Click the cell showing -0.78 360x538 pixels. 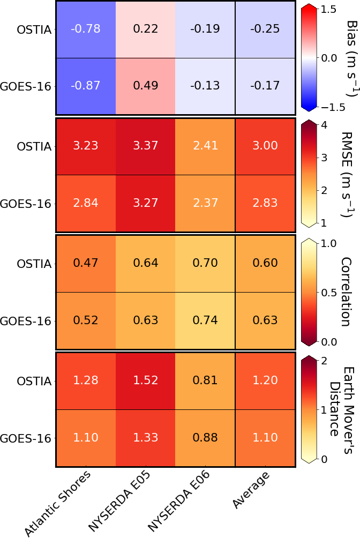[86, 29]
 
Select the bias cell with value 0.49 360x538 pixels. [145, 86]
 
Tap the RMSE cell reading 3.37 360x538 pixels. [145, 146]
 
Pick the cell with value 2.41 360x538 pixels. [205, 146]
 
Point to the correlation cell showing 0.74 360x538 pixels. [205, 321]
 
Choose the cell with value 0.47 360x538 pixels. [86, 263]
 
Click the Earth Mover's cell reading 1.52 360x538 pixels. [145, 381]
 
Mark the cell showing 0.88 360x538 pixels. [205, 438]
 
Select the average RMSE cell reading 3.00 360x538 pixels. [265, 146]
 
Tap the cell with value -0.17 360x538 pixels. [265, 86]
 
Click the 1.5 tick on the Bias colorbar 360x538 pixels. [329, 9]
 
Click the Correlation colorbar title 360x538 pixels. [345, 292]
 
